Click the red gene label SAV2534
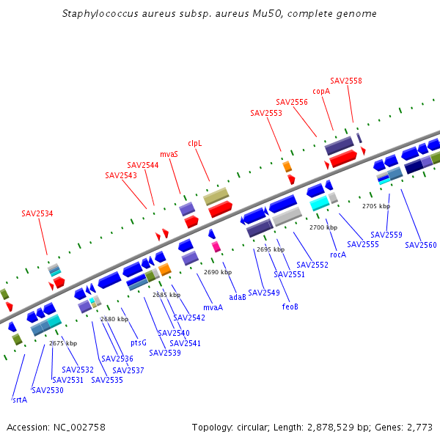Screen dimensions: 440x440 point(37,214)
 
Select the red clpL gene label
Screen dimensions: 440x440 point(194,144)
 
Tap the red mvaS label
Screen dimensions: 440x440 point(169,155)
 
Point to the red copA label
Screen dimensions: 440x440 point(321,92)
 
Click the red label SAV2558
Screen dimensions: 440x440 point(346,81)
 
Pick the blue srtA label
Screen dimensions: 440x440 point(20,400)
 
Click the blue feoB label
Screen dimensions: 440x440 point(290,307)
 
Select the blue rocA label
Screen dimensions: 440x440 point(338,254)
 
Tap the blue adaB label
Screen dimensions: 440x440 point(238,298)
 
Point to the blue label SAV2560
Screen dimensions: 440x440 point(421,245)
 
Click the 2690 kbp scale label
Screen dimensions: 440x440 point(218,272)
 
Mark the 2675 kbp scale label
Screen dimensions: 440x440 point(63,343)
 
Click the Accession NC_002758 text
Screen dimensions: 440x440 point(56,427)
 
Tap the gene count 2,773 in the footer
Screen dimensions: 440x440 point(421,427)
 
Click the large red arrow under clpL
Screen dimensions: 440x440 point(220,209)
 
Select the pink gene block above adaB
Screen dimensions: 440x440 point(216,247)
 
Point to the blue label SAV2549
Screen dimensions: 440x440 point(264,293)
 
